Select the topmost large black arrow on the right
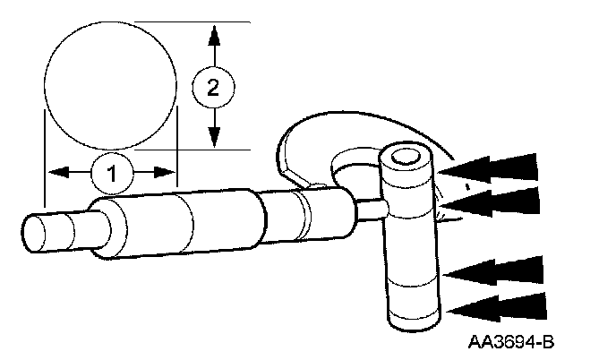(493, 168)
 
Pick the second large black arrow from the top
(493, 202)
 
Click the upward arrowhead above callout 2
(213, 36)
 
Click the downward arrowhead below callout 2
(213, 135)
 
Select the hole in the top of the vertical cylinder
(406, 159)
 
